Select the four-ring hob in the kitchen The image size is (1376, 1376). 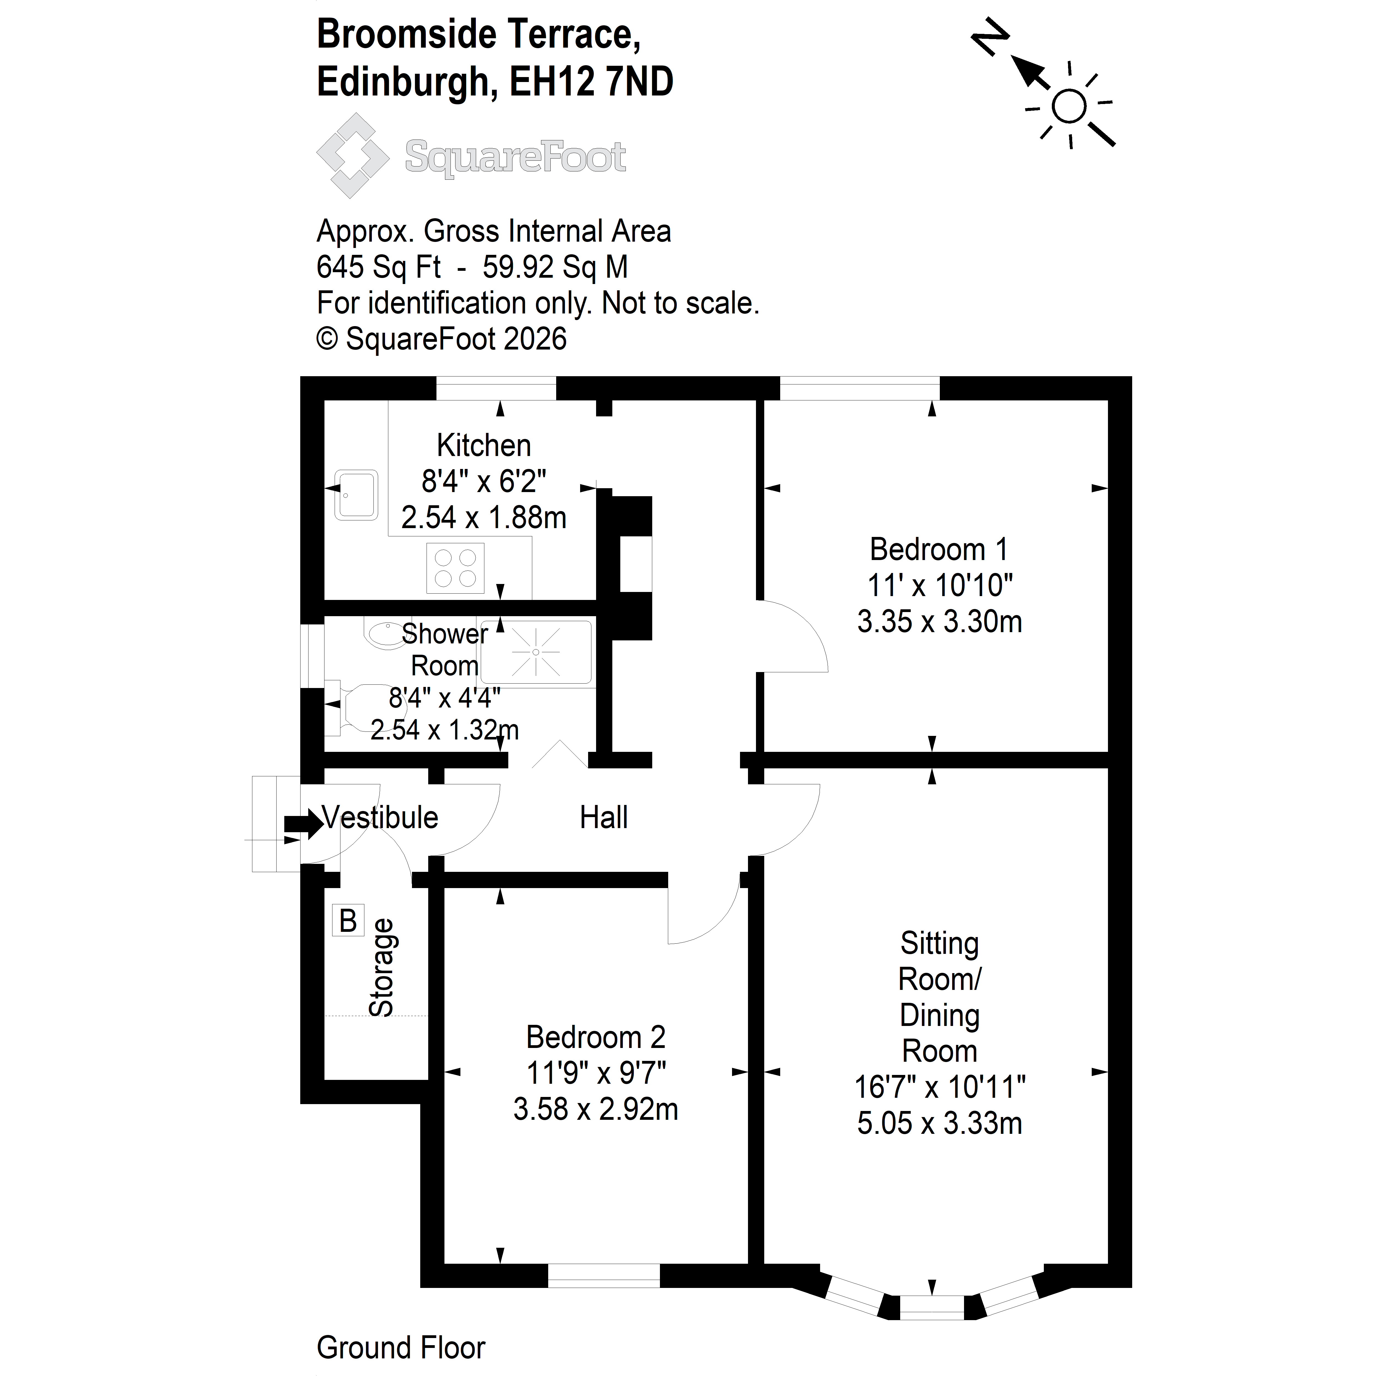pos(455,568)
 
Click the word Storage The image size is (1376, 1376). pos(382,967)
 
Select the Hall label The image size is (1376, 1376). pos(604,818)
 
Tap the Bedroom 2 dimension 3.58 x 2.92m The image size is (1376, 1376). pos(596,1110)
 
